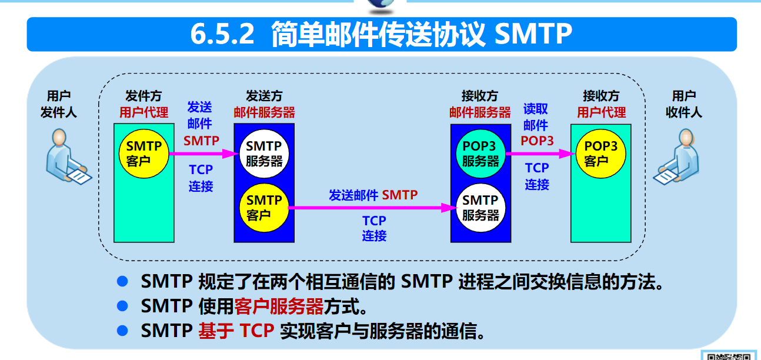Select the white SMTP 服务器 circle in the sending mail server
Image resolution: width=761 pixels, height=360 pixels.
click(264, 154)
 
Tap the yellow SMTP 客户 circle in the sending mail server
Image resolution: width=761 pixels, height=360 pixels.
click(264, 208)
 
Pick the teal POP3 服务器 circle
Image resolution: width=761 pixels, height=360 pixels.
click(480, 154)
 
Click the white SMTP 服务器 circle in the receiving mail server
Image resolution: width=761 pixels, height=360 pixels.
click(480, 208)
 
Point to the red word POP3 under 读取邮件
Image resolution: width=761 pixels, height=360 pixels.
click(537, 141)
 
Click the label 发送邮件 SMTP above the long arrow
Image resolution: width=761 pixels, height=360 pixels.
click(373, 195)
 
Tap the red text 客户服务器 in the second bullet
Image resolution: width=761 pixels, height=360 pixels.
click(279, 306)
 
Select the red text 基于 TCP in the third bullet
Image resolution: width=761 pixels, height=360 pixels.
click(236, 331)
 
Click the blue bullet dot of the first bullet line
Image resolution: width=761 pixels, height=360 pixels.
click(122, 282)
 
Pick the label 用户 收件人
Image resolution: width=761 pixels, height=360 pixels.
click(683, 104)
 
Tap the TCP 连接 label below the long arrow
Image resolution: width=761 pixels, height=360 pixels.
click(374, 228)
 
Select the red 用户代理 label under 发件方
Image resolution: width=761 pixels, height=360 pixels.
click(144, 112)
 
